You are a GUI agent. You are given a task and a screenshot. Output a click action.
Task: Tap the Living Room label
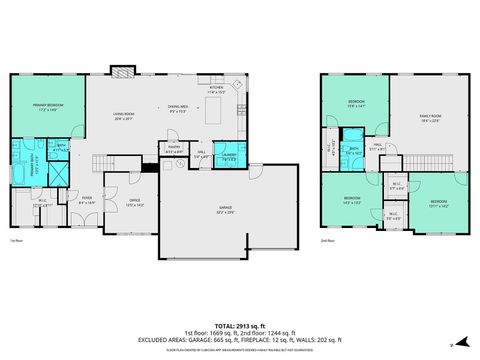[x=122, y=116]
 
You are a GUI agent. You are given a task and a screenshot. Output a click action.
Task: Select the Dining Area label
[x=178, y=109]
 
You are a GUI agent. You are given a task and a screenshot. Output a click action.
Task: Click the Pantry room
[x=172, y=152]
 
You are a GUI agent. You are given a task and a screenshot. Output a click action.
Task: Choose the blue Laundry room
[x=228, y=154]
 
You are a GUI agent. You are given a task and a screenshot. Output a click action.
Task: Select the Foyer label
[x=87, y=200]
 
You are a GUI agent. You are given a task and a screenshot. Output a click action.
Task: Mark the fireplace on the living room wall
[x=122, y=72]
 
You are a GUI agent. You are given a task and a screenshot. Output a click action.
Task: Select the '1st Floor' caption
[x=16, y=241]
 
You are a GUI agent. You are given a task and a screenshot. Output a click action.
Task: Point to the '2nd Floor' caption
[x=328, y=241]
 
